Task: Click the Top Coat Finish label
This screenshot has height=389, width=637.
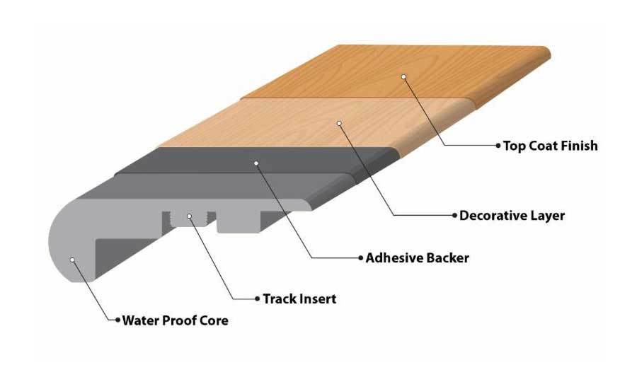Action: (x=550, y=146)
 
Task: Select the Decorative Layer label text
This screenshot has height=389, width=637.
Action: (x=512, y=215)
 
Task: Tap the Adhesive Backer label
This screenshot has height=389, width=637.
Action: (x=417, y=257)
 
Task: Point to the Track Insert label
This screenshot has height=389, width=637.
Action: (x=299, y=298)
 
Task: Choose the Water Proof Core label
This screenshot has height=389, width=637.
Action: (x=176, y=320)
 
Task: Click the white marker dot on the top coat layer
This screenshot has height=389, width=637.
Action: (x=403, y=76)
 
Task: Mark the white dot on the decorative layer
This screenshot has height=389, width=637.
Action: (x=339, y=124)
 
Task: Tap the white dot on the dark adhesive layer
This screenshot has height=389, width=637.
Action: (x=256, y=163)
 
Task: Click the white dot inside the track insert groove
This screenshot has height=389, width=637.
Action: (x=190, y=216)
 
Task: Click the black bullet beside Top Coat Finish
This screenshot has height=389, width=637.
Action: (x=498, y=146)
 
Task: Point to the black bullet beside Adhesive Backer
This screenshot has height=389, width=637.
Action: (x=360, y=257)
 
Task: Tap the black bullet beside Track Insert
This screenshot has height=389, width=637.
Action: (x=257, y=298)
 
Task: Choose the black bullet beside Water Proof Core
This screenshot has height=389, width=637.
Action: (x=117, y=320)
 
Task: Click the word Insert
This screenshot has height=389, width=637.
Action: (x=317, y=298)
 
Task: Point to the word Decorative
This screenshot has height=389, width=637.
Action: (x=493, y=215)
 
